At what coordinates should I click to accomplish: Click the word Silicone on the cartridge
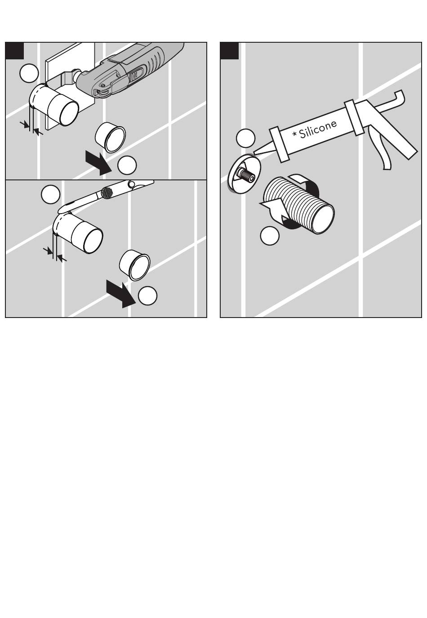click(x=318, y=129)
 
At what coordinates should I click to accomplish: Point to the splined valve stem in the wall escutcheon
click(x=245, y=174)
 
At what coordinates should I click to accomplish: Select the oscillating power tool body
click(x=129, y=72)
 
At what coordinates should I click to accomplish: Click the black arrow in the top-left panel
click(x=98, y=163)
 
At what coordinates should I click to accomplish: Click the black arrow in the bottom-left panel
click(x=121, y=294)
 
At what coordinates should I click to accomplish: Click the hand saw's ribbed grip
click(x=107, y=192)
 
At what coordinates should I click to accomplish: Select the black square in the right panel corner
click(x=229, y=51)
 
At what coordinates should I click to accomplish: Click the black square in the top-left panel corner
click(x=15, y=51)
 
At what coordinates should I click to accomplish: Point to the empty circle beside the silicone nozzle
click(x=245, y=138)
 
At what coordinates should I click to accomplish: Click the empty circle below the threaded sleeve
click(x=270, y=235)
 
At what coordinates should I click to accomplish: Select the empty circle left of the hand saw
click(x=50, y=194)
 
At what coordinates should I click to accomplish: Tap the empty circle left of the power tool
click(x=29, y=73)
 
